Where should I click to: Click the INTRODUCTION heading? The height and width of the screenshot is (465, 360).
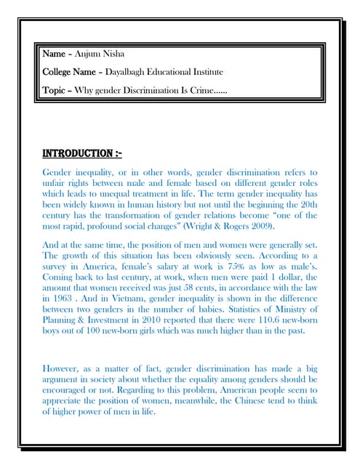82,154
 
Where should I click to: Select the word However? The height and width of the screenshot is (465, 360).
65,368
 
